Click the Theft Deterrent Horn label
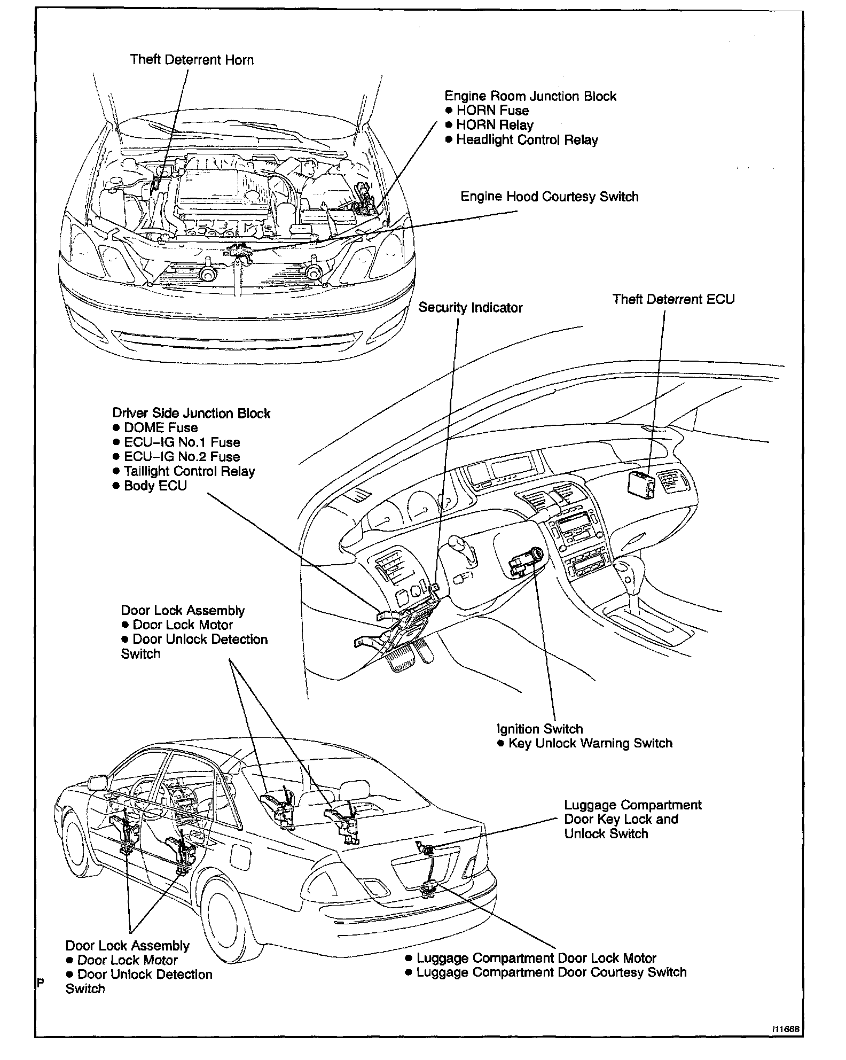click(x=192, y=59)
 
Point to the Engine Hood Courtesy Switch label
click(x=549, y=197)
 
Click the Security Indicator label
click(x=470, y=308)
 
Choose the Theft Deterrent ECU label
click(x=673, y=299)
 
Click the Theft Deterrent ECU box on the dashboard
click(x=641, y=485)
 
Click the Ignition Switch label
click(x=539, y=729)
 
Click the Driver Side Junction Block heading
click(x=191, y=414)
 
